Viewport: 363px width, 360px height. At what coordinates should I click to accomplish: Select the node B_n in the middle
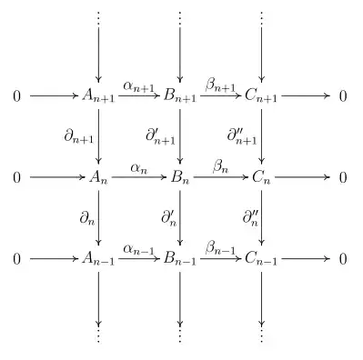180,177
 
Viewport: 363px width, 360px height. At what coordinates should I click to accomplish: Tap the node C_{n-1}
262,260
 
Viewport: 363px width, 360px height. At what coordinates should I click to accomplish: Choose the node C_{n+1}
262,95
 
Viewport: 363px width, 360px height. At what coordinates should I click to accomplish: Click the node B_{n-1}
180,260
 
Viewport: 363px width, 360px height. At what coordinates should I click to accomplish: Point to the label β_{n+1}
220,85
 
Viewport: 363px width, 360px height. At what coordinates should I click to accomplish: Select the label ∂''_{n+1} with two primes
242,135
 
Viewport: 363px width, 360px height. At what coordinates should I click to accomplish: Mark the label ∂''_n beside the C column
249,218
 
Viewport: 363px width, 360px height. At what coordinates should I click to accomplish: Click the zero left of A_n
16,177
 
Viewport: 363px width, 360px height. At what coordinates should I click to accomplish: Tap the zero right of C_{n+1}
343,95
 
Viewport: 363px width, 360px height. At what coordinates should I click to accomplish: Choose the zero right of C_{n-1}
343,260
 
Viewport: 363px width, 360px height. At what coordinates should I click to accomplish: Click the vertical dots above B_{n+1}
180,18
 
